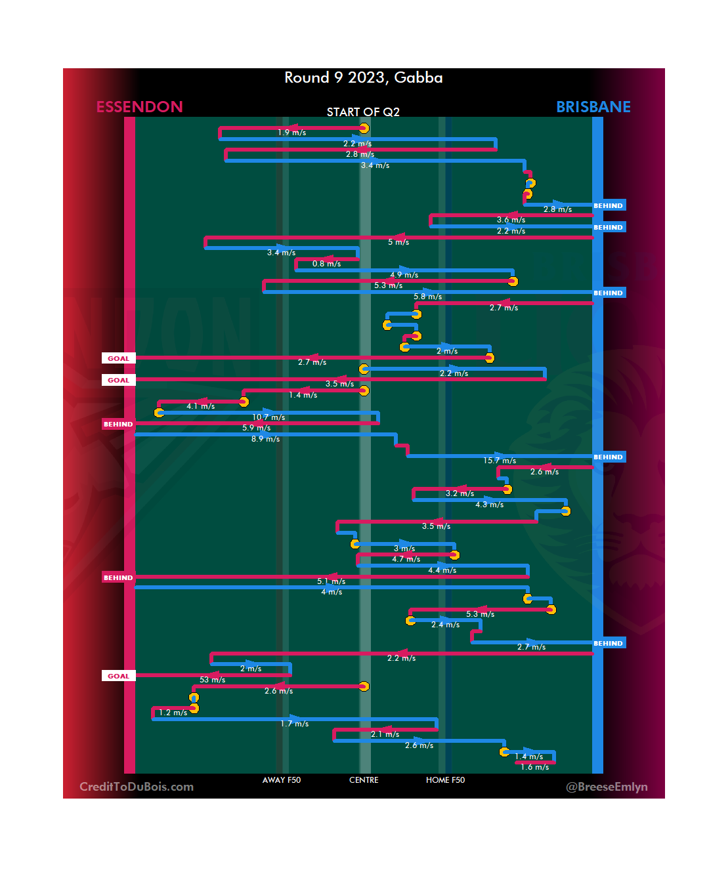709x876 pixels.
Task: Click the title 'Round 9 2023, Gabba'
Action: point(363,77)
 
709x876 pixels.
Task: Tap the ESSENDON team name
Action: point(139,107)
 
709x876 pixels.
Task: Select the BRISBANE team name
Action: point(593,107)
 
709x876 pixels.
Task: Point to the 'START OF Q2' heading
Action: point(363,112)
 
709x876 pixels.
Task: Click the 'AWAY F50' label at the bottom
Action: point(281,780)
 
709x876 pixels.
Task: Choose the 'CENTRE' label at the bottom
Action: point(364,780)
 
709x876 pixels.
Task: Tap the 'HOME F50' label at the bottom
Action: point(445,780)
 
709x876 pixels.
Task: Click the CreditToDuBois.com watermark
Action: point(137,787)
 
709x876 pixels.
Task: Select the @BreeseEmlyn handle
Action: point(607,787)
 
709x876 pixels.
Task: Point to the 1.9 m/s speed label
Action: point(291,133)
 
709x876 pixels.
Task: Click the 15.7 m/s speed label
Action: point(500,461)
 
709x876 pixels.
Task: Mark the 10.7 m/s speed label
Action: point(269,417)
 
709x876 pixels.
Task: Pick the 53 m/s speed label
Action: point(212,680)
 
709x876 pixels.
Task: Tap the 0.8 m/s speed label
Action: point(326,264)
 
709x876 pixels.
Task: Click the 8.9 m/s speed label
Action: point(265,439)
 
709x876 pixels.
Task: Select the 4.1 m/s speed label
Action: point(200,406)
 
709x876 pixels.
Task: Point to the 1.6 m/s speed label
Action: point(534,767)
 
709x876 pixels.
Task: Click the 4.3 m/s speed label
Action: point(489,505)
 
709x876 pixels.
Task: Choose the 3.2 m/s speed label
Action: point(460,493)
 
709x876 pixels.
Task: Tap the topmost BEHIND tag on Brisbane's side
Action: point(609,205)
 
